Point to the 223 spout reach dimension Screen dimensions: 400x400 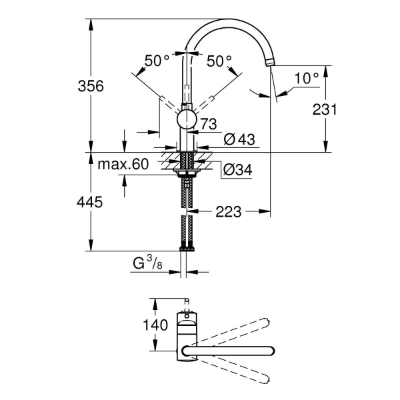click(227, 213)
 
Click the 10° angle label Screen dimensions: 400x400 click(306, 78)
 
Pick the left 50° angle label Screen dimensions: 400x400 click(157, 61)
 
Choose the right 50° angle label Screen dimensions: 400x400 click(219, 61)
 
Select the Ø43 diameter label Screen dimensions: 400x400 click(237, 139)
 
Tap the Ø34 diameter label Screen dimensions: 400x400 click(237, 169)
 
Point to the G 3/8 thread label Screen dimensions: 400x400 click(147, 264)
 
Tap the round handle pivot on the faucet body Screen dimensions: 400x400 click(187, 120)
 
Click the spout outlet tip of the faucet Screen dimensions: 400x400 click(270, 62)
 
